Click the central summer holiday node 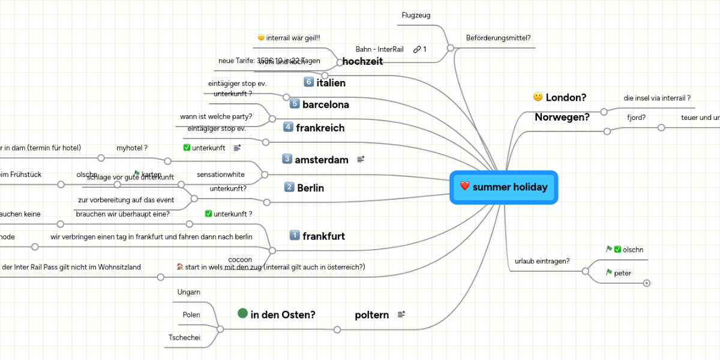point(504,187)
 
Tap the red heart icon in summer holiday point(464,187)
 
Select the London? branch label point(566,97)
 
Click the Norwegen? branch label point(562,117)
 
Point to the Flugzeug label point(416,15)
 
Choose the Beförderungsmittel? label point(498,38)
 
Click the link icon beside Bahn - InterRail point(416,49)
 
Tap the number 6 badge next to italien point(309,82)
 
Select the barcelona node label point(325,104)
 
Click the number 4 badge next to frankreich point(288,127)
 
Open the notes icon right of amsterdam point(361,159)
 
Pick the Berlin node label point(310,188)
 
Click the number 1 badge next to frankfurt point(295,235)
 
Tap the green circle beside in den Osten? point(243,313)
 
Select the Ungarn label point(188,292)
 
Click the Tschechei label point(184,338)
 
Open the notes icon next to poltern point(401,314)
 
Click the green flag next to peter point(609,272)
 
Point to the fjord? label point(636,118)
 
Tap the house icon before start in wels point(180,266)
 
